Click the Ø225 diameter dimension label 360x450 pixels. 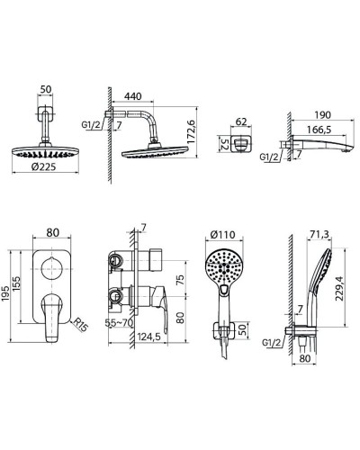(43, 166)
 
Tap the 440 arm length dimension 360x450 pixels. (132, 96)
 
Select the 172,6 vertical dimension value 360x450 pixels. (191, 131)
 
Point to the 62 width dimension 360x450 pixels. (241, 121)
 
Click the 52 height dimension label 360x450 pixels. (225, 144)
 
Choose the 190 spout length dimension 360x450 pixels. (322, 115)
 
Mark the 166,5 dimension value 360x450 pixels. (319, 130)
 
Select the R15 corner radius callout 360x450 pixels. (80, 325)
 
